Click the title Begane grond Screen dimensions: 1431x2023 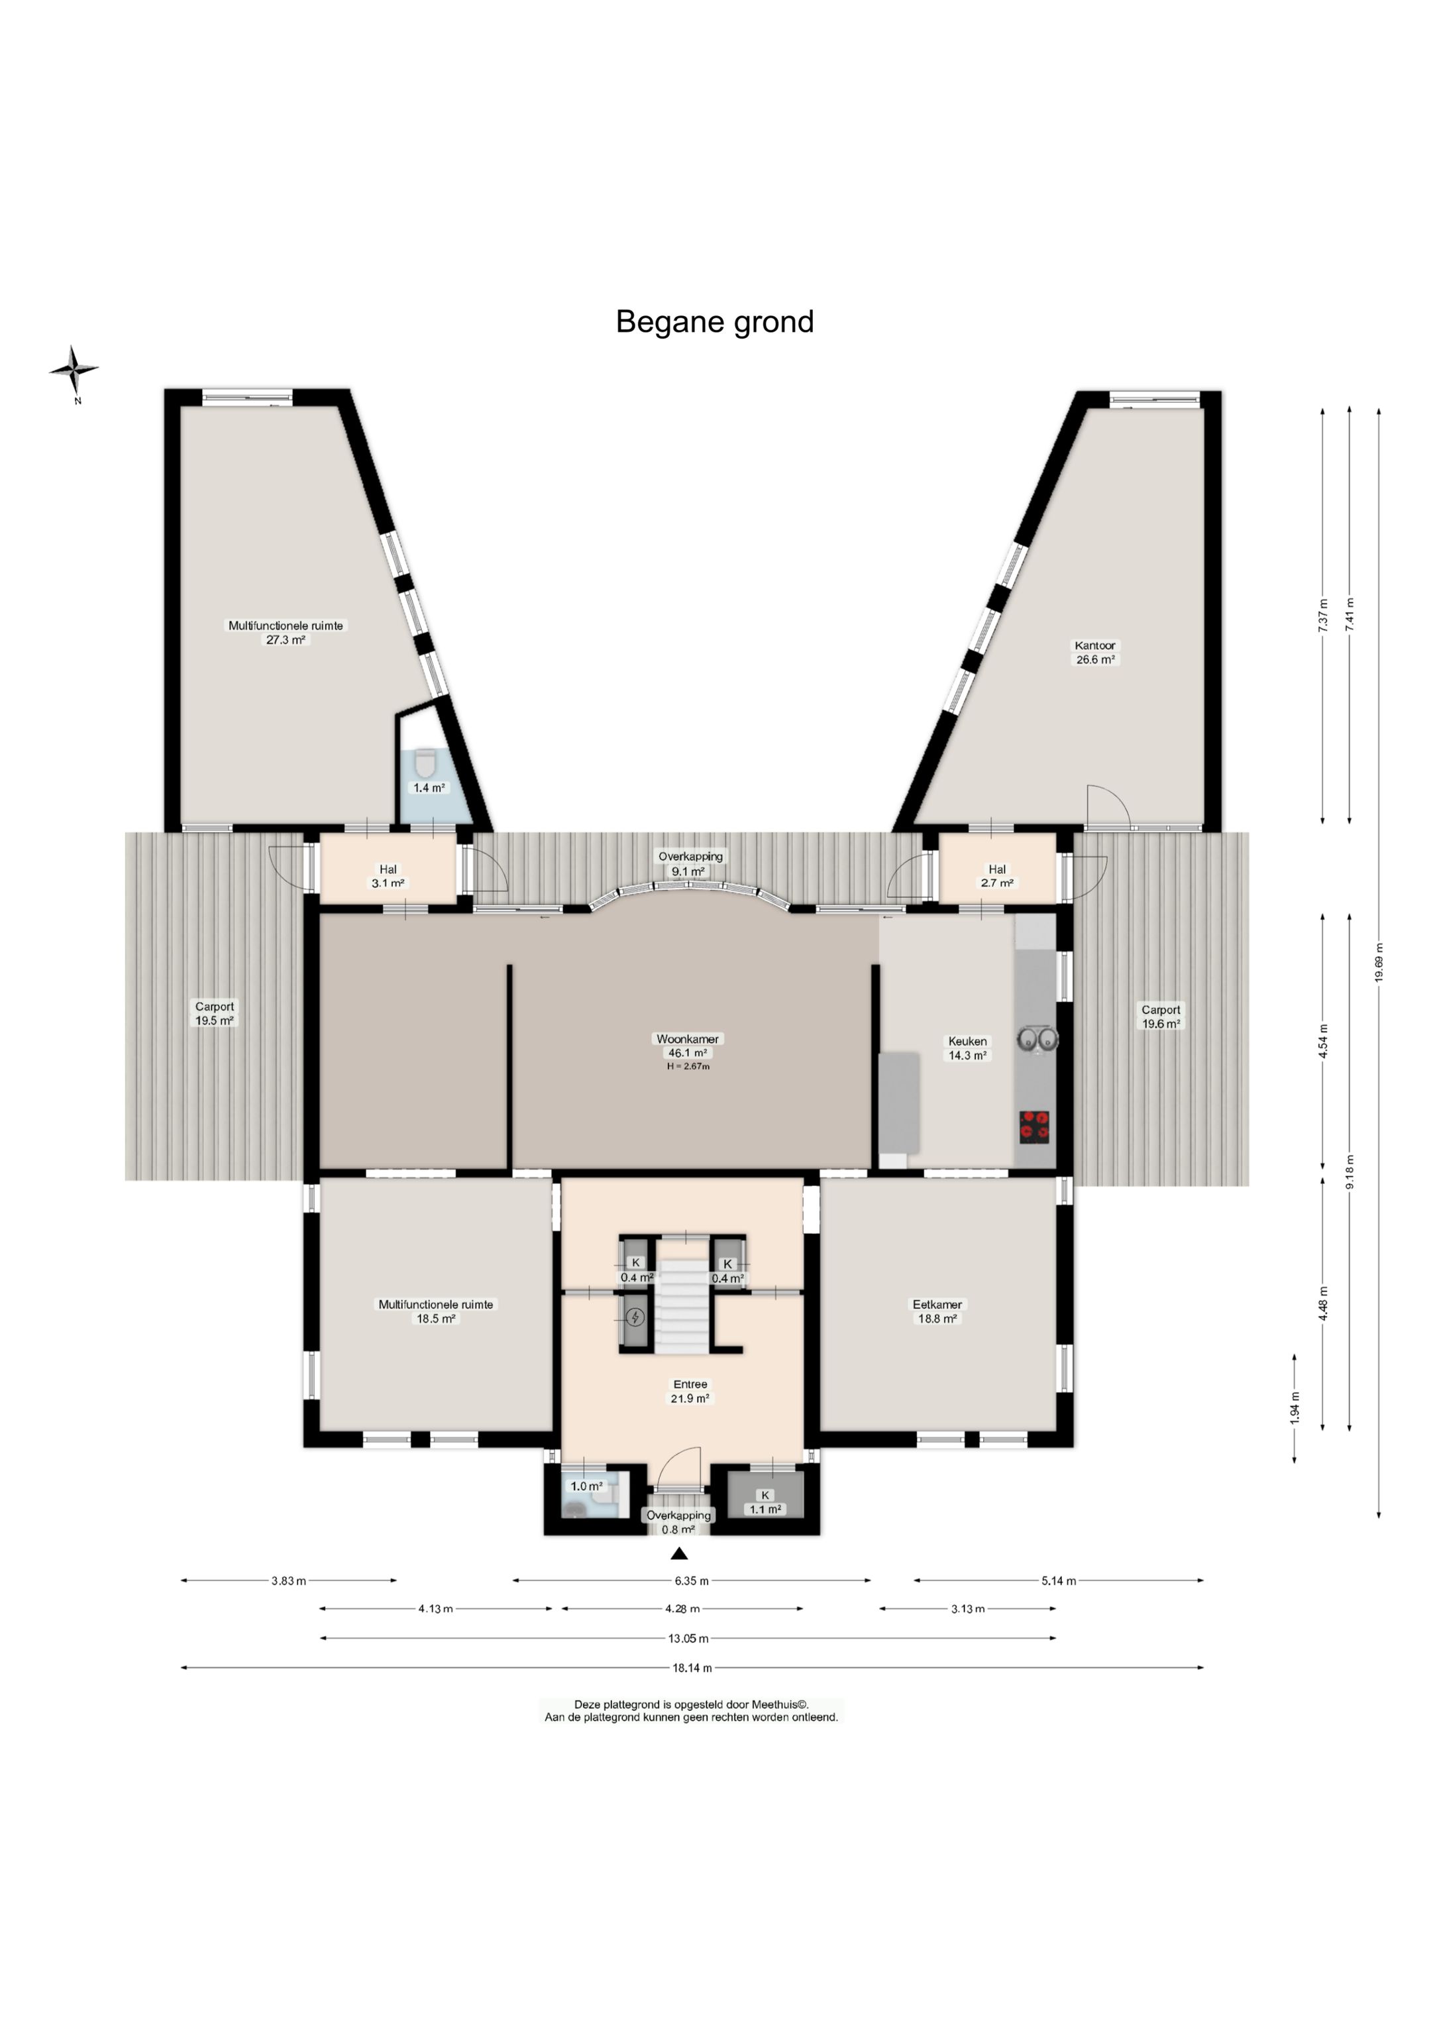coord(715,323)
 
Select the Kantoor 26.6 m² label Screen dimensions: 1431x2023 coord(1094,652)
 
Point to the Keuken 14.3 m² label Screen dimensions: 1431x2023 coord(967,1048)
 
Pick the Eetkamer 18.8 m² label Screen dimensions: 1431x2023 coord(937,1311)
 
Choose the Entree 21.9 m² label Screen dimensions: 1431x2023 coord(690,1392)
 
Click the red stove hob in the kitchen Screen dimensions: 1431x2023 coord(1034,1127)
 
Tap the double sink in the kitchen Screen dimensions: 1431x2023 coord(1037,1040)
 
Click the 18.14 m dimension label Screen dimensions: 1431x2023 coord(691,1668)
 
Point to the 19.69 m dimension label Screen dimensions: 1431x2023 coord(1378,962)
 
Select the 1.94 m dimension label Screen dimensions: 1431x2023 coord(1295,1408)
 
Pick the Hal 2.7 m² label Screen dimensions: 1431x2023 coord(996,876)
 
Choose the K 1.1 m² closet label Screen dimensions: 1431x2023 coord(765,1502)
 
